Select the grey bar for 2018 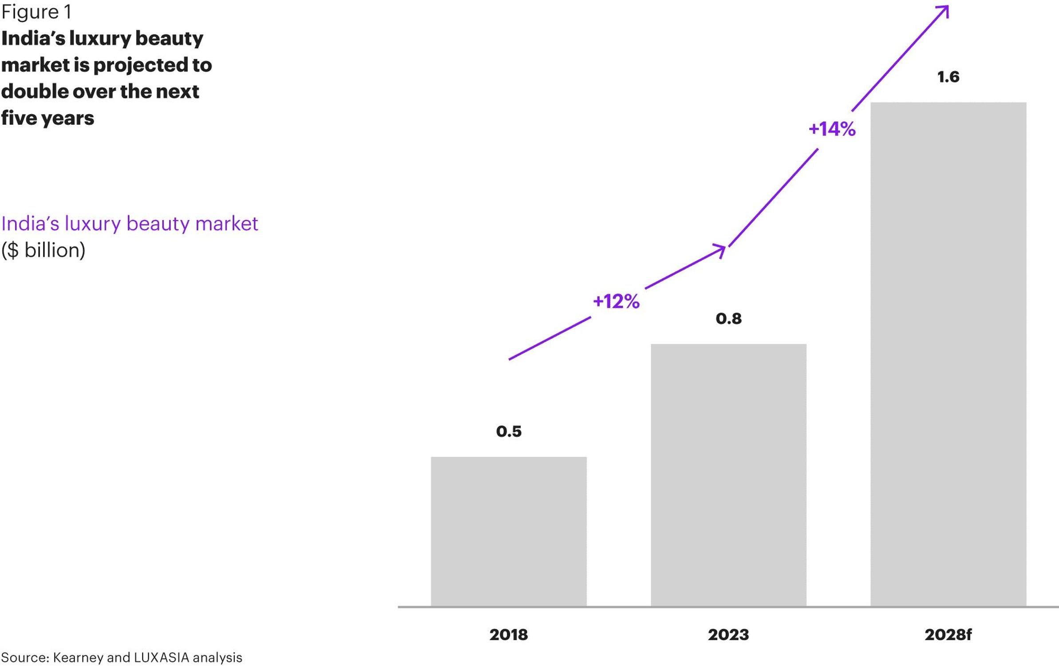tap(509, 531)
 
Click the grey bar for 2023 tap(728, 475)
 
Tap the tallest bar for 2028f tap(948, 354)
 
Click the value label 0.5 tap(509, 431)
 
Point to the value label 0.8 tap(728, 318)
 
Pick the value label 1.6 tap(948, 77)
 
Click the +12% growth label tap(616, 301)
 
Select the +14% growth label tap(832, 129)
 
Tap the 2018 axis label tap(509, 634)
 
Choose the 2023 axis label tap(728, 634)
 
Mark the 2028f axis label tap(948, 634)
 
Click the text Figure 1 tap(36, 12)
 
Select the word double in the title tap(34, 91)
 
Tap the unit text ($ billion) tap(43, 250)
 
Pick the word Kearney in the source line tap(78, 657)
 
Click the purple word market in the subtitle tap(226, 223)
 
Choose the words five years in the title tap(47, 118)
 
